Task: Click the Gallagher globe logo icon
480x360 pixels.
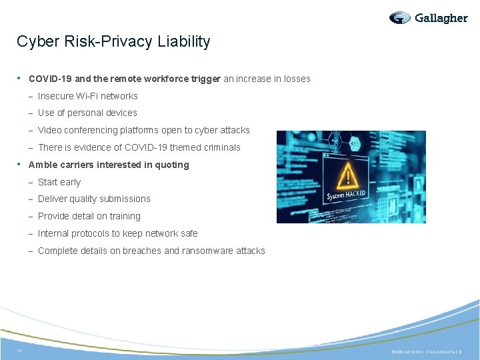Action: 400,18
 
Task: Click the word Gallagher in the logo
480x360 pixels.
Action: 441,18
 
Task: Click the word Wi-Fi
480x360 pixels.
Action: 89,96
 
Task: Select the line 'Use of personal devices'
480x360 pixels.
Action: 87,113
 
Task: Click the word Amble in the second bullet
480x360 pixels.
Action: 43,165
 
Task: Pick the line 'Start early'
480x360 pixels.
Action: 59,182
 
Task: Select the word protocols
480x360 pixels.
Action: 91,233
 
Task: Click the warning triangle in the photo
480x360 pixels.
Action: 347,177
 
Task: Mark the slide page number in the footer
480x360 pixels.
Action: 19,349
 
